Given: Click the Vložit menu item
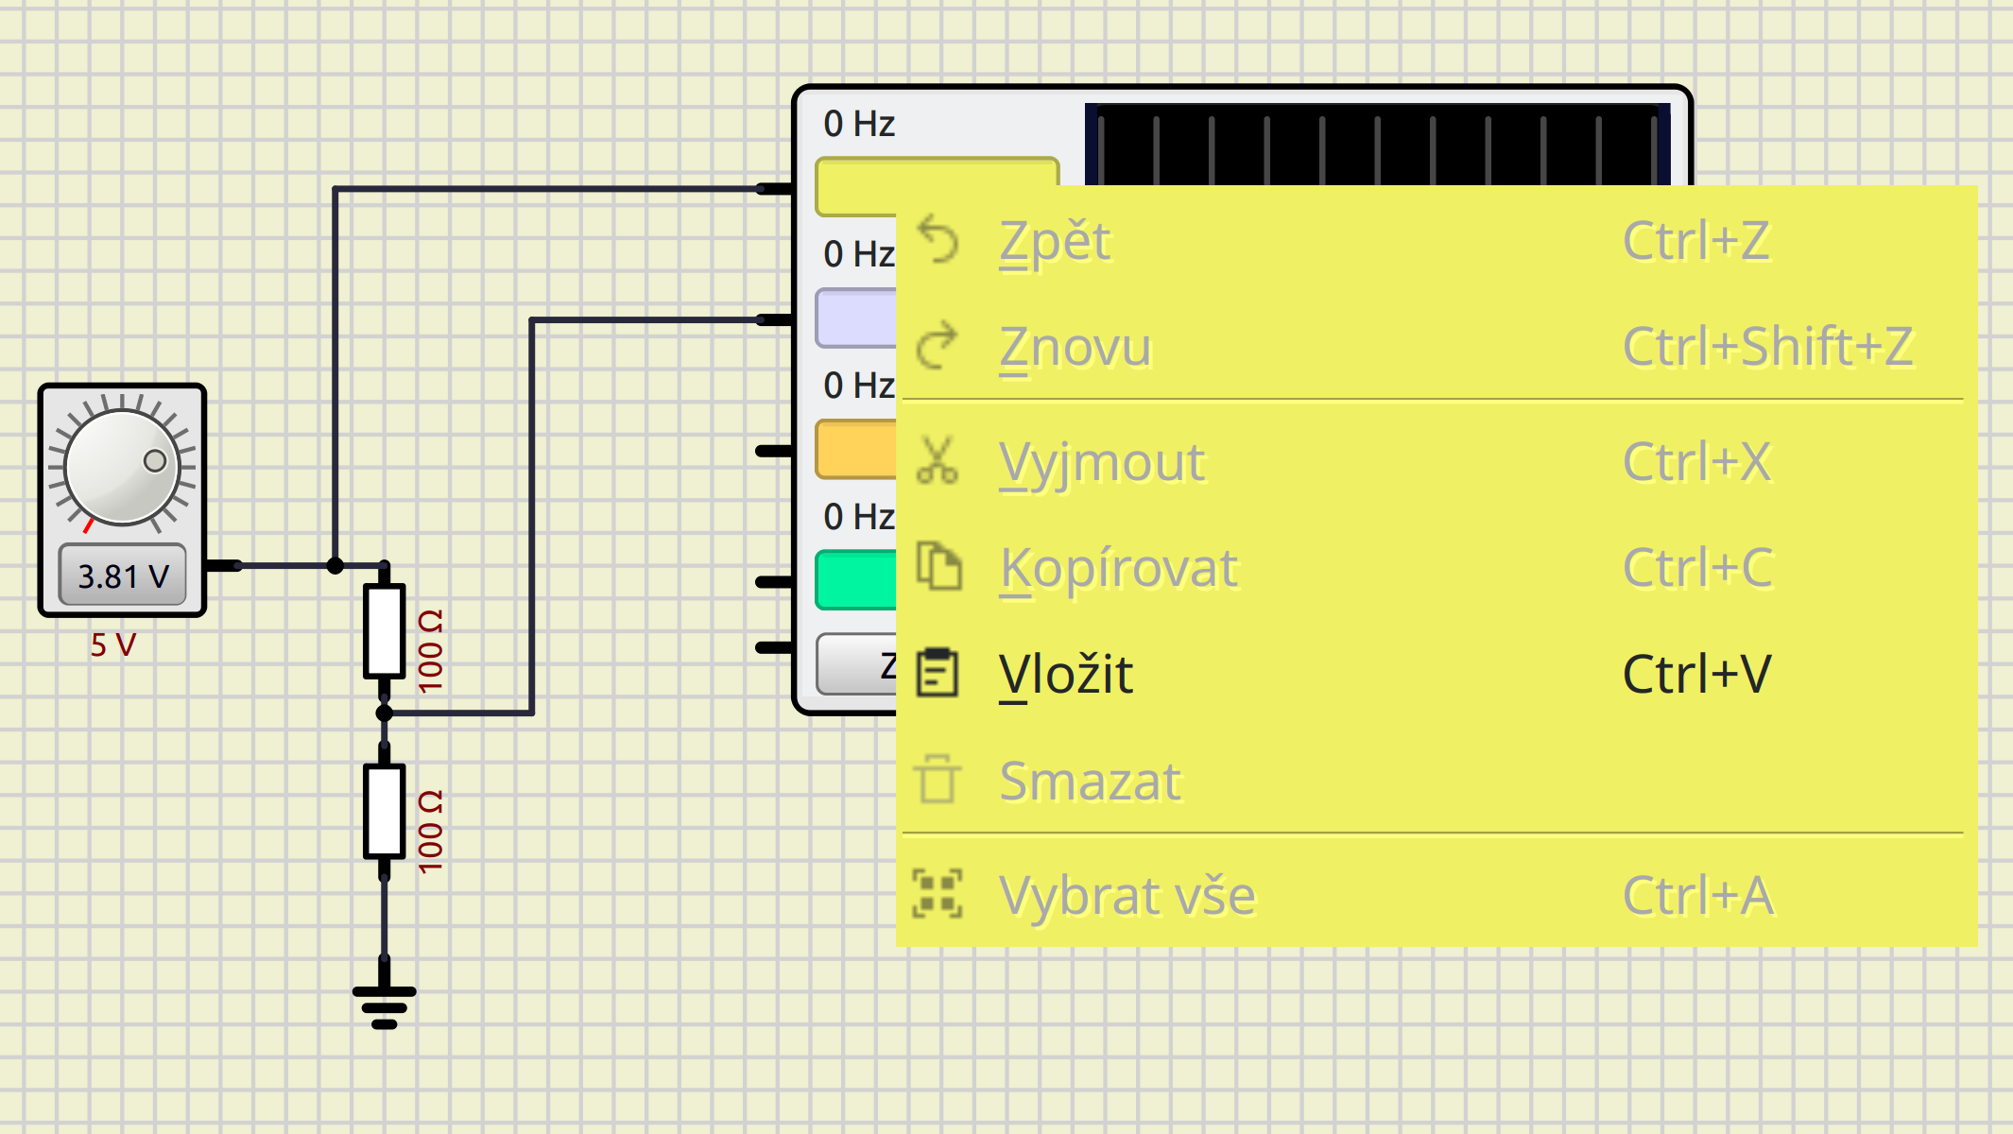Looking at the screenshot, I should [x=1066, y=675].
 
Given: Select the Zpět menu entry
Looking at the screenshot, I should [x=1055, y=241].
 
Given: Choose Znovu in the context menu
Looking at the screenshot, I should [x=1075, y=347].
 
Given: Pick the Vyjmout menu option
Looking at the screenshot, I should [x=1102, y=462].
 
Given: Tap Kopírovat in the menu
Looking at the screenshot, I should [x=1119, y=568].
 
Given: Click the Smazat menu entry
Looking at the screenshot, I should [x=1090, y=782].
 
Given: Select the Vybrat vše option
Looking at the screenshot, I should [x=1127, y=895].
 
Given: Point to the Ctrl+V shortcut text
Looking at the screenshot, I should [x=1696, y=675].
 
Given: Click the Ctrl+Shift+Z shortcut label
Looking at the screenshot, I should [x=1767, y=347].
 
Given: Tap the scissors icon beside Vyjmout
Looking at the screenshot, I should [x=938, y=461].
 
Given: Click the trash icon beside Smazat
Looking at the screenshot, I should [x=938, y=780].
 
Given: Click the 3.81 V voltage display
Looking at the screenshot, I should [x=123, y=576].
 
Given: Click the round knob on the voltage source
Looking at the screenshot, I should [x=122, y=466].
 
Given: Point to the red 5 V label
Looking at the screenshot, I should [x=113, y=645].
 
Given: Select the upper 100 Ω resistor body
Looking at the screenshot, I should [x=385, y=630].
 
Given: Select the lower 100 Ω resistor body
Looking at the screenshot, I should [x=385, y=811].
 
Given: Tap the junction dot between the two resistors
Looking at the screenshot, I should [x=385, y=713].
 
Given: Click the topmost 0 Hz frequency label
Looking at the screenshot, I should [x=858, y=124].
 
